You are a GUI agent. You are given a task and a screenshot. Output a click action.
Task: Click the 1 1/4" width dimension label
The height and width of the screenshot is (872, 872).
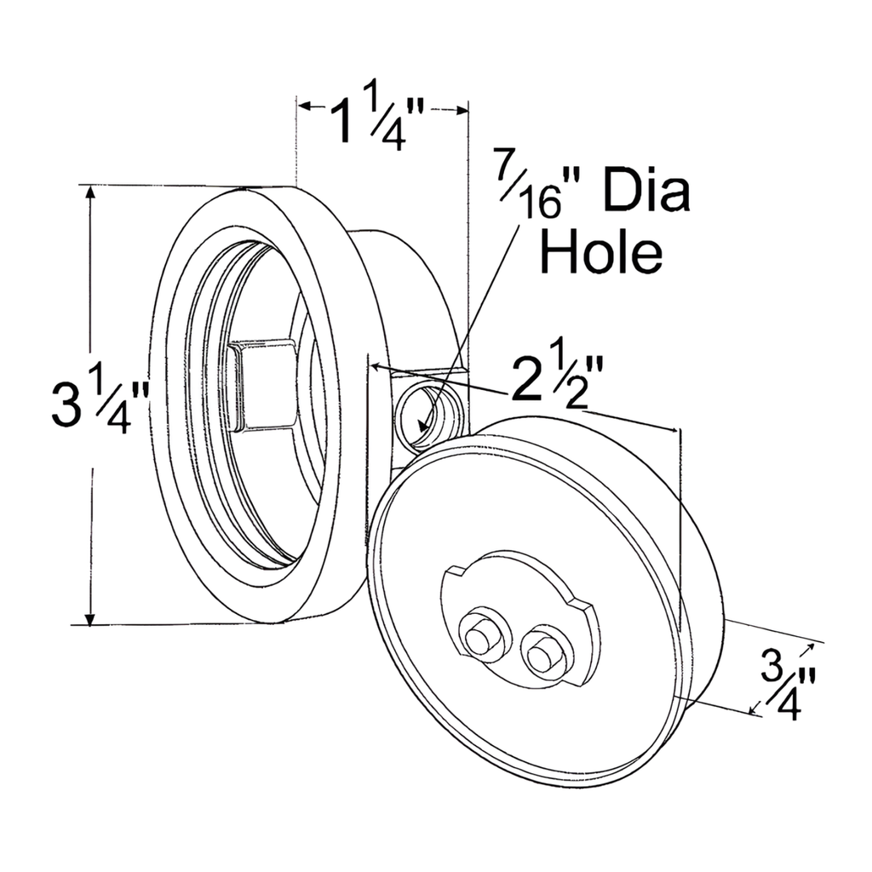(x=377, y=119)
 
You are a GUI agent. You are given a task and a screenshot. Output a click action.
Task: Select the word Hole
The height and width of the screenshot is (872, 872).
(x=603, y=251)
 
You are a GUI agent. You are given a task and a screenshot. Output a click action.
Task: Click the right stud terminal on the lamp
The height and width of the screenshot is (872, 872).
(x=541, y=654)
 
